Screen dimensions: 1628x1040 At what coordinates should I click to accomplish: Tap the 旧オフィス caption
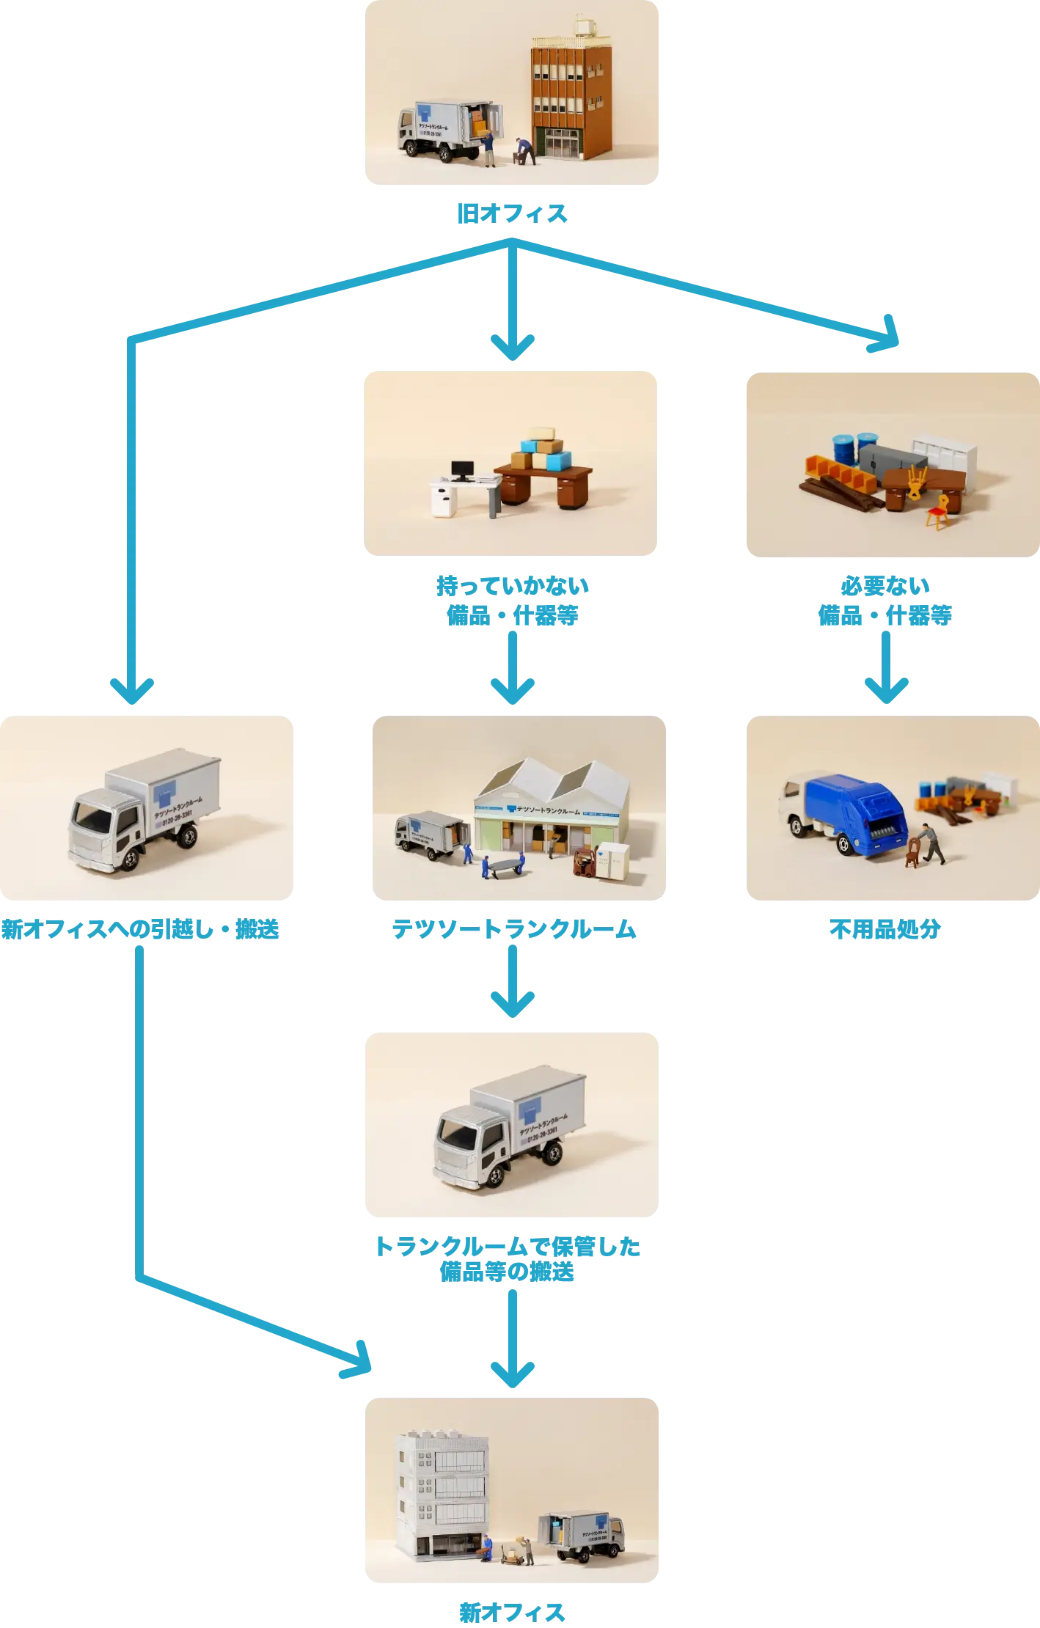coord(513,214)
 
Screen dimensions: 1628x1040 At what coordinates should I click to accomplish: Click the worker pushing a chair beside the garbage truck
coord(931,843)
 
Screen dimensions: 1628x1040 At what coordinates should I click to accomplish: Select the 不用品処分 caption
coord(885,930)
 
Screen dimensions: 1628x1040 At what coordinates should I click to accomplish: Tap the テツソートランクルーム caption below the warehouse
coord(513,930)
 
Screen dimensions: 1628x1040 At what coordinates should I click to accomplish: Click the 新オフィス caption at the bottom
coord(513,1611)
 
